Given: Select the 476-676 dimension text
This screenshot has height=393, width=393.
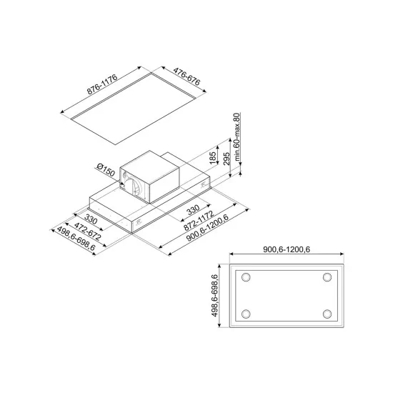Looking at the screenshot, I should pos(178,81).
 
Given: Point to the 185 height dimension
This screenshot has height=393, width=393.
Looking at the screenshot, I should pos(212,157).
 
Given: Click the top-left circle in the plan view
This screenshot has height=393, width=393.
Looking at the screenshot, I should pos(247,277).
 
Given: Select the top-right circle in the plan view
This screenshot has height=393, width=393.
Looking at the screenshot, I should pos(327,277).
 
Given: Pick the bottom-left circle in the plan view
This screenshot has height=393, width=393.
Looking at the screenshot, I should pos(247,314).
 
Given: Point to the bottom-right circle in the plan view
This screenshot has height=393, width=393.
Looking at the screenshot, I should pos(327,314).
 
